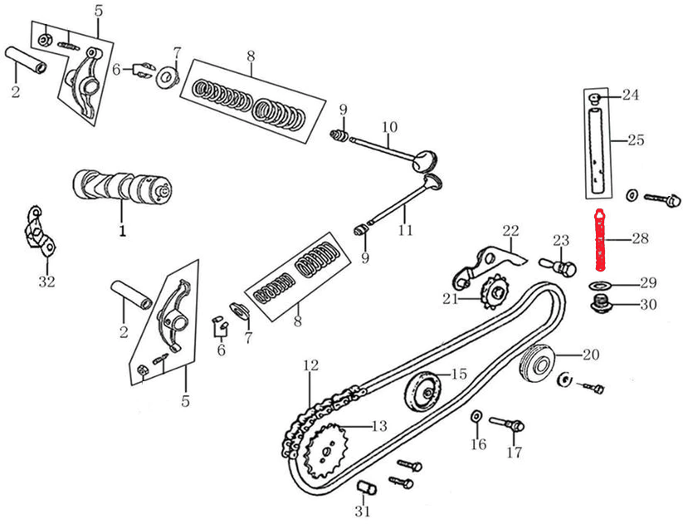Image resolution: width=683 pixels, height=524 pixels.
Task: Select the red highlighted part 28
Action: (600, 241)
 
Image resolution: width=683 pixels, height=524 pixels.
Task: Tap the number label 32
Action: (46, 282)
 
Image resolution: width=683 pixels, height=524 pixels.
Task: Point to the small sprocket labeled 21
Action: (495, 291)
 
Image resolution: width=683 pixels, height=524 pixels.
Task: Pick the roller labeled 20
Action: (537, 362)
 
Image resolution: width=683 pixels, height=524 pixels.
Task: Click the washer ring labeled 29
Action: (598, 286)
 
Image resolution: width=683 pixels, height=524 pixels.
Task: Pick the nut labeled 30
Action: (600, 305)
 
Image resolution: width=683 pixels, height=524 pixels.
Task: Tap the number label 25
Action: (635, 140)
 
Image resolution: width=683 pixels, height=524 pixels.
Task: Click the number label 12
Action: (310, 365)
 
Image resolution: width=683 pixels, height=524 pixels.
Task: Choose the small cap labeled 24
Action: (594, 98)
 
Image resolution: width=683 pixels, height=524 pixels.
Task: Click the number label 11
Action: (404, 230)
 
